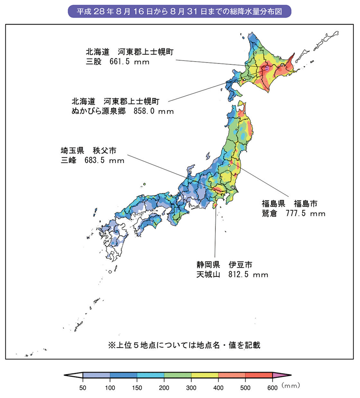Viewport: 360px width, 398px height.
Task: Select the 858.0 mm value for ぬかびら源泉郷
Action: [153, 111]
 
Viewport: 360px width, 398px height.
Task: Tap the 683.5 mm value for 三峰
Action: [104, 161]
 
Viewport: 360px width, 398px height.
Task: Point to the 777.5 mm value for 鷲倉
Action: [305, 213]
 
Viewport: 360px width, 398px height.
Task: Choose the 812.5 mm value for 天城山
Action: [248, 275]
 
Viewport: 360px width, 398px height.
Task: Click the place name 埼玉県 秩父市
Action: [89, 150]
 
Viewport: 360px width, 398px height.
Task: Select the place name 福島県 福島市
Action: [290, 203]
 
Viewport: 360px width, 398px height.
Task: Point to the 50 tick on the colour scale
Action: [83, 386]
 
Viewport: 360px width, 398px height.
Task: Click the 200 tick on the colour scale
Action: [164, 386]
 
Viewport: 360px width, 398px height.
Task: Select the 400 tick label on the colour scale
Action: [218, 386]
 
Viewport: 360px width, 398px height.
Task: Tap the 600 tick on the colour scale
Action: [272, 386]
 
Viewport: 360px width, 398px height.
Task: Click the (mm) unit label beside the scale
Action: [291, 385]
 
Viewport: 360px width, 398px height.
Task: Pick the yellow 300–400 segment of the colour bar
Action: [205, 375]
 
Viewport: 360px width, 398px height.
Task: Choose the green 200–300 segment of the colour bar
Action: [178, 375]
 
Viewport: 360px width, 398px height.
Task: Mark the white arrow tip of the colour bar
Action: [73, 375]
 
